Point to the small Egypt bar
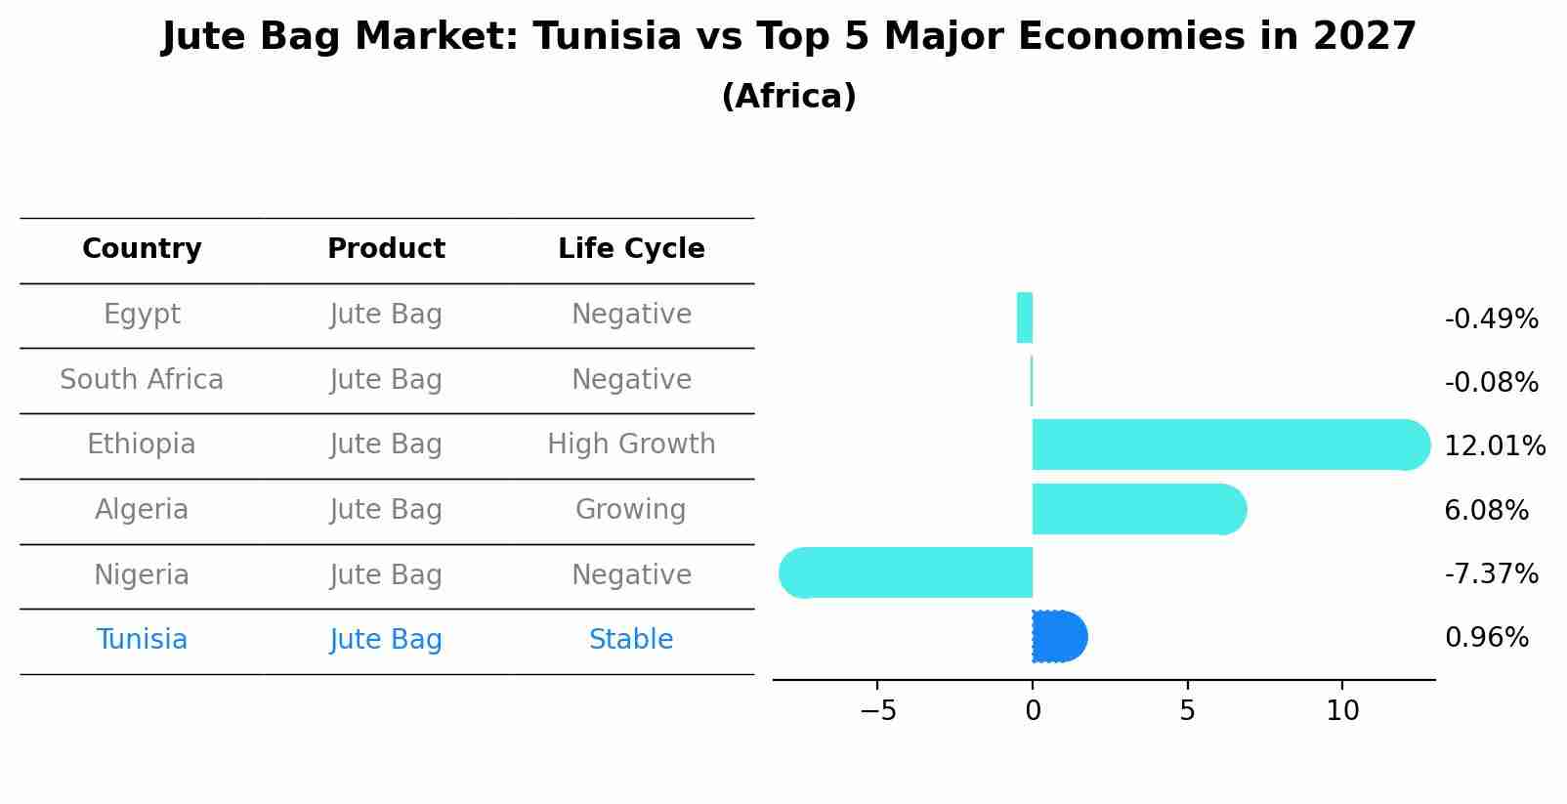click(1025, 318)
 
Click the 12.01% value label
click(1494, 446)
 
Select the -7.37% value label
click(1491, 573)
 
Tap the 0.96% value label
click(1486, 638)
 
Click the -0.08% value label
click(1491, 383)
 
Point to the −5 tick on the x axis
click(877, 711)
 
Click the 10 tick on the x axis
click(1342, 711)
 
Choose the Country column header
click(142, 249)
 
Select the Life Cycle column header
click(631, 249)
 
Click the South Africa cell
click(142, 380)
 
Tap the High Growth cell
click(631, 444)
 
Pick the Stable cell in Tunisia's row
click(631, 640)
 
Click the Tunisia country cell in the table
click(142, 640)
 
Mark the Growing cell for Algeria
click(631, 510)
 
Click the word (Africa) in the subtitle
click(788, 97)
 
